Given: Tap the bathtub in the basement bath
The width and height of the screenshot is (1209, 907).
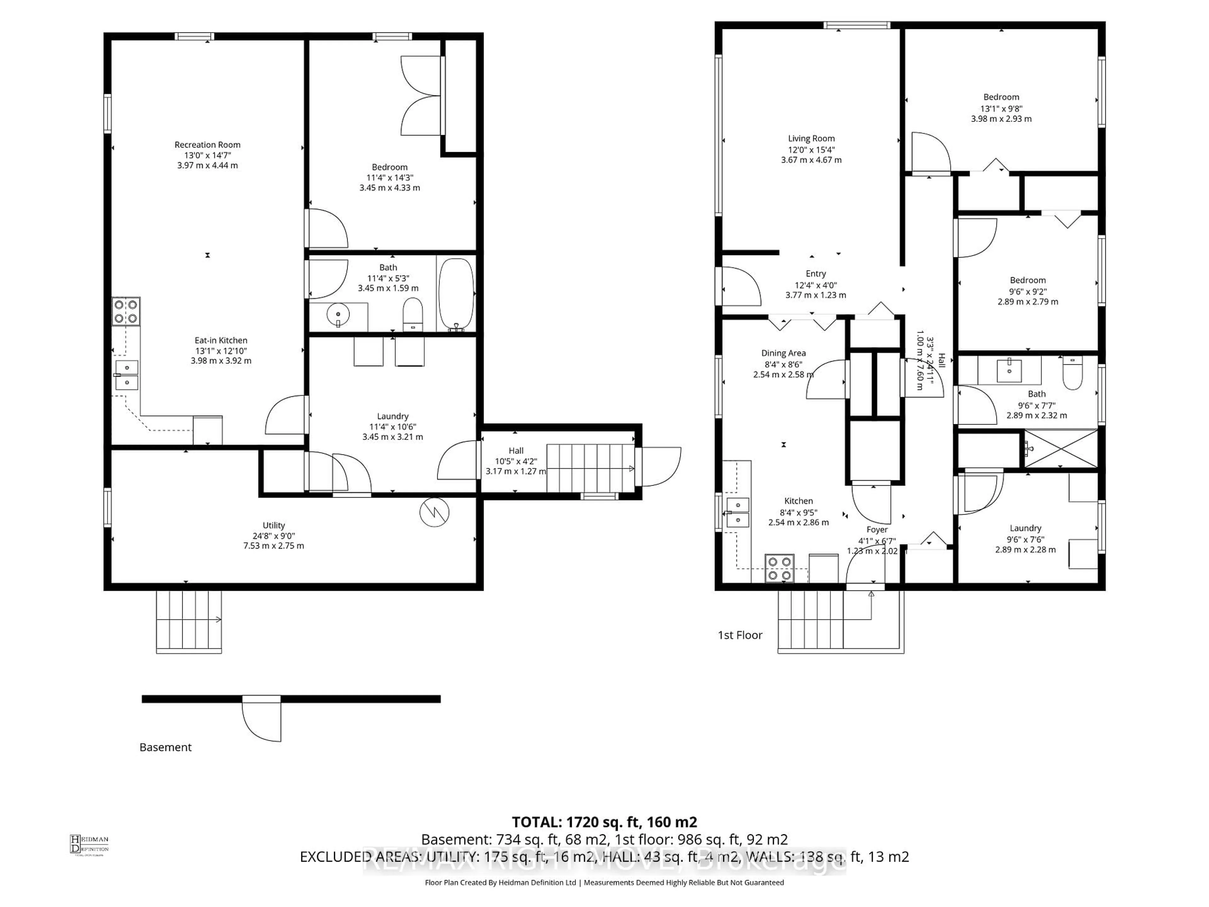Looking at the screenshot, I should coord(457,294).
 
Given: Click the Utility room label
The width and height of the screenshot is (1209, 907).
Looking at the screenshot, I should coord(273,525).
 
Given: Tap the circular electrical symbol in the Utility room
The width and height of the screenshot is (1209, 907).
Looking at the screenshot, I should coord(434,512).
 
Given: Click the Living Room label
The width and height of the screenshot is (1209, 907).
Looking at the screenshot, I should coord(811,139).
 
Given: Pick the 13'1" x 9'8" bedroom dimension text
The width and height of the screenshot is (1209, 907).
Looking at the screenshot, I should coord(1001,108).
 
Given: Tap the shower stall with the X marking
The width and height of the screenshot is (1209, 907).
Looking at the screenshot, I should coord(1060,449).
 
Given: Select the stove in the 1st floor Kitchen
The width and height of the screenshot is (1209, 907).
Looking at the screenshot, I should coord(780,568).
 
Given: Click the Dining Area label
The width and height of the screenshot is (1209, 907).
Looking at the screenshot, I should coord(783,353).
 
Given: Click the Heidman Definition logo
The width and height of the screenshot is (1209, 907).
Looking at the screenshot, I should coord(89,844).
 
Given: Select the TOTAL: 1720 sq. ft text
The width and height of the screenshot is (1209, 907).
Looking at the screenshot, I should coord(604,822).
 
